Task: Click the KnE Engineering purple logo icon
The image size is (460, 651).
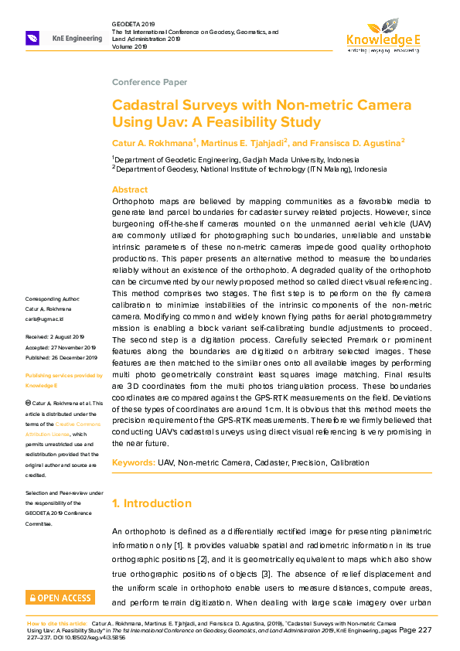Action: [33, 38]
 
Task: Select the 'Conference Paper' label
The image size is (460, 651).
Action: [149, 82]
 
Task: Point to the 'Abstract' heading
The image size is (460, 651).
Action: [130, 189]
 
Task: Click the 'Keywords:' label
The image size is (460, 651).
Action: [133, 462]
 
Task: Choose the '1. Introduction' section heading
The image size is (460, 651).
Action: [152, 504]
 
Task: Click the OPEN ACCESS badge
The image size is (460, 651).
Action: [61, 598]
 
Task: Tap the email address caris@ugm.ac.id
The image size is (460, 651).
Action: [44, 319]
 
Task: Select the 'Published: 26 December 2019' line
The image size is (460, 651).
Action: [62, 358]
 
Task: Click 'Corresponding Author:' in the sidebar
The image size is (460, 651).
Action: [52, 298]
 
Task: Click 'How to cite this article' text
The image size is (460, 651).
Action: [57, 622]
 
